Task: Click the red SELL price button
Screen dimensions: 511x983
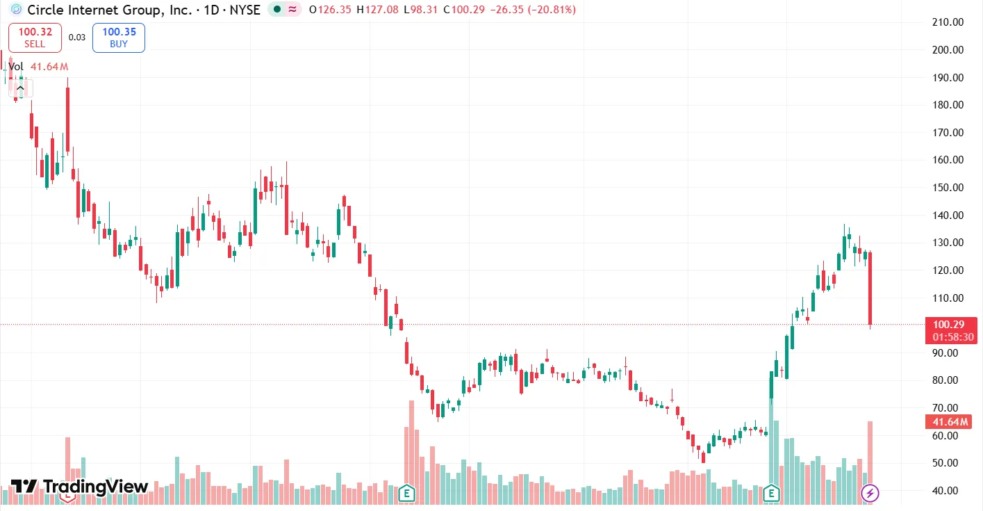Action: [35, 38]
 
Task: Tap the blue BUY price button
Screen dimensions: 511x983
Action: [119, 38]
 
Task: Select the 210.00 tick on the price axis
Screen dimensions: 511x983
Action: [948, 22]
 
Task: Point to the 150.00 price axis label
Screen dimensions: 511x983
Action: [948, 188]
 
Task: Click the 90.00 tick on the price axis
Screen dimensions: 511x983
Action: [948, 352]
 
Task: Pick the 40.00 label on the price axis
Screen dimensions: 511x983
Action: [948, 490]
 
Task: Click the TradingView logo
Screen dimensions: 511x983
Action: [79, 487]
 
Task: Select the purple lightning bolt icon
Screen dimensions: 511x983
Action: [870, 494]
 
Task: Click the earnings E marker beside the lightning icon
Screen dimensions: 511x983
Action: [770, 494]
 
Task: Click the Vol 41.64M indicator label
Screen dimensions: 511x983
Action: [38, 67]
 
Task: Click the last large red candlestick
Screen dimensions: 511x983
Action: [870, 288]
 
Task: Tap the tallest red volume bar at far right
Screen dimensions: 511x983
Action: [870, 459]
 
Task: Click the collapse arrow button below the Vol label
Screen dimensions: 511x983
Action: [21, 88]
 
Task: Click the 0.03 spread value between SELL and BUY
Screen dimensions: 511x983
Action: [77, 38]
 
